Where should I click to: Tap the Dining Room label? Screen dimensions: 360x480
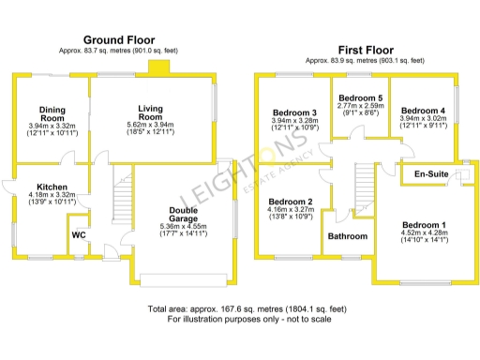[x=52, y=113]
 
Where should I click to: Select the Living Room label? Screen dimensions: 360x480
[x=151, y=114]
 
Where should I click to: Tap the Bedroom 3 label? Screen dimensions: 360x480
[x=293, y=113]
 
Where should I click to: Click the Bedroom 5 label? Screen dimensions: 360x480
[x=360, y=98]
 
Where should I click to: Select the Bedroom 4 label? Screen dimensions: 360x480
[x=422, y=113]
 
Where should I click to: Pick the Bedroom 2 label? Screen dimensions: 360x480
[x=290, y=202]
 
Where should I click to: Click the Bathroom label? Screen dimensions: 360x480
[x=347, y=236]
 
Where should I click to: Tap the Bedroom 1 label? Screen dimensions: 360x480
[x=425, y=226]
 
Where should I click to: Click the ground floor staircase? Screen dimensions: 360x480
[x=121, y=197]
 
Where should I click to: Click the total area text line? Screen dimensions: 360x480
[x=239, y=308]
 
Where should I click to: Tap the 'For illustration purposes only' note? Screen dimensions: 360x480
[x=239, y=320]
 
